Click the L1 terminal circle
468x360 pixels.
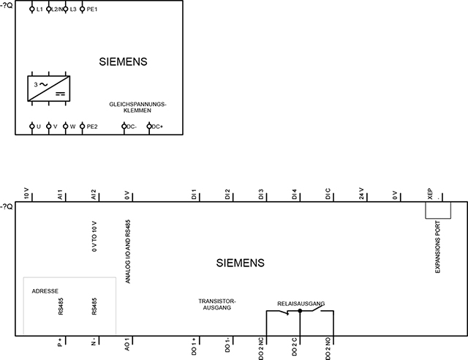click(x=32, y=10)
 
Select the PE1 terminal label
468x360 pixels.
click(x=92, y=10)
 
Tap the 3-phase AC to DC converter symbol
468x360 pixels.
click(x=49, y=89)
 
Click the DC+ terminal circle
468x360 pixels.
click(x=149, y=127)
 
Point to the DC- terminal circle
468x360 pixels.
click(x=124, y=127)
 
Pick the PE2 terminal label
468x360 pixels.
click(x=92, y=127)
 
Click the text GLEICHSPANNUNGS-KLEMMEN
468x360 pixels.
click(x=137, y=108)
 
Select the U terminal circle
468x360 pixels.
click(x=32, y=127)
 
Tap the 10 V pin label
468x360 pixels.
click(x=26, y=194)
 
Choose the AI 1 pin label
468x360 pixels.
click(x=60, y=195)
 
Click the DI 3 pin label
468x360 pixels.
click(x=261, y=195)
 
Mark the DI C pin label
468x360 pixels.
click(x=328, y=194)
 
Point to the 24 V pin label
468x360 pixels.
click(x=361, y=194)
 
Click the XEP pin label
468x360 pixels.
click(x=430, y=194)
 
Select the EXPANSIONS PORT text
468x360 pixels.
click(x=437, y=247)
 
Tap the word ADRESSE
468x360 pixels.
click(x=45, y=291)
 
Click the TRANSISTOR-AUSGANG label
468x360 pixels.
click(x=217, y=304)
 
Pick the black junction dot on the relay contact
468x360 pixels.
click(x=300, y=311)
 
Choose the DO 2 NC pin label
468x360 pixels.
click(x=261, y=348)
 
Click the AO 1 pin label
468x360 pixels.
click(x=127, y=345)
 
